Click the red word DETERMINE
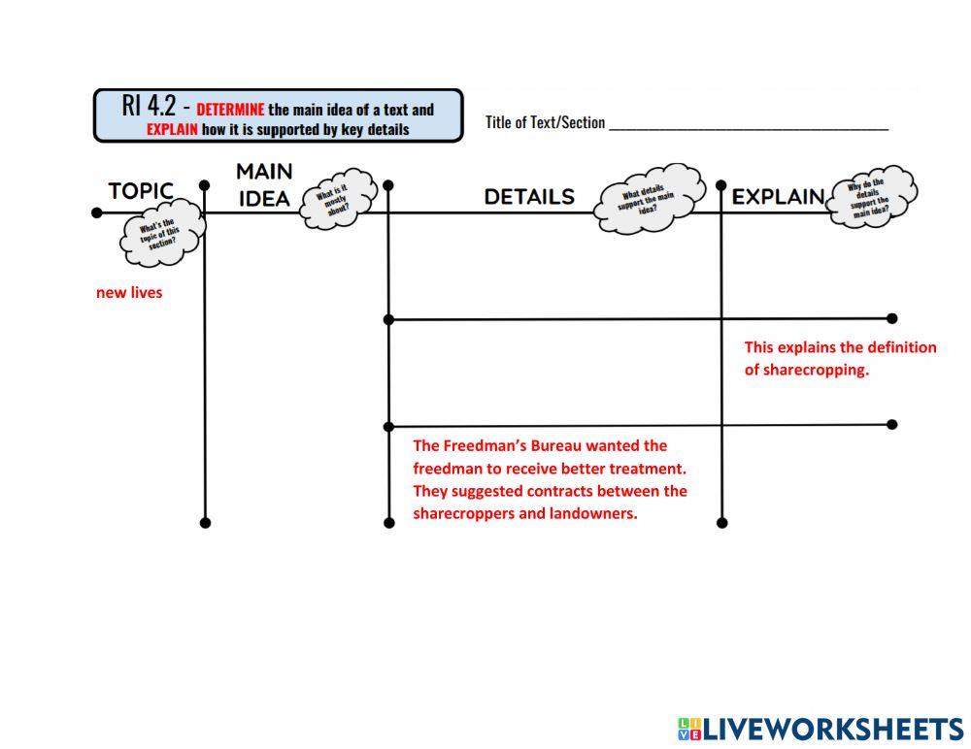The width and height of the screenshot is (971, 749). tap(230, 110)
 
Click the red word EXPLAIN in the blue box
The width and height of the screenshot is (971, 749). tap(172, 129)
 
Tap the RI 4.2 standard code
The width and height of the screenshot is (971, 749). tap(150, 106)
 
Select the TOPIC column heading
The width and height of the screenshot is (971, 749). tap(141, 191)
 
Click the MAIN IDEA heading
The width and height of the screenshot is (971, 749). tap(264, 184)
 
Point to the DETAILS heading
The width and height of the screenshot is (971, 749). tap(529, 196)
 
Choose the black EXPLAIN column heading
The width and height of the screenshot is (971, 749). tap(779, 197)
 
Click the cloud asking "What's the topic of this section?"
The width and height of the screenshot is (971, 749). tap(161, 233)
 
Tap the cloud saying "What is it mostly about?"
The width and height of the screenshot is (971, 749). tap(338, 199)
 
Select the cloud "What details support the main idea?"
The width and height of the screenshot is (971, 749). tap(649, 198)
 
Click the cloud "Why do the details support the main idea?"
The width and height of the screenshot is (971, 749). tap(872, 196)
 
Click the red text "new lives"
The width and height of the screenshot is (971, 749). tap(129, 292)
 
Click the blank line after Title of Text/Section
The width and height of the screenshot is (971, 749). tap(749, 129)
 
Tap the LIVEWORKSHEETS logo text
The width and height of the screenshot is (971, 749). tap(833, 730)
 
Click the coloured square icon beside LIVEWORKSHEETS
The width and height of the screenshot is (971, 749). tap(689, 730)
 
